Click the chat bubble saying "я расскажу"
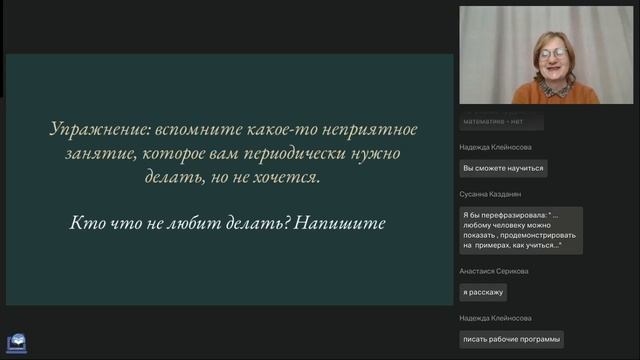[x=483, y=293]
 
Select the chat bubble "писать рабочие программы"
[x=511, y=339]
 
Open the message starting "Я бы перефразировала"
[x=520, y=230]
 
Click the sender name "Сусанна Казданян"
[x=491, y=194]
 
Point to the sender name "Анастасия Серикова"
[x=494, y=271]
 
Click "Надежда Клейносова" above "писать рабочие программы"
[x=496, y=317]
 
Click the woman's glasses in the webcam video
[x=553, y=53]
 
